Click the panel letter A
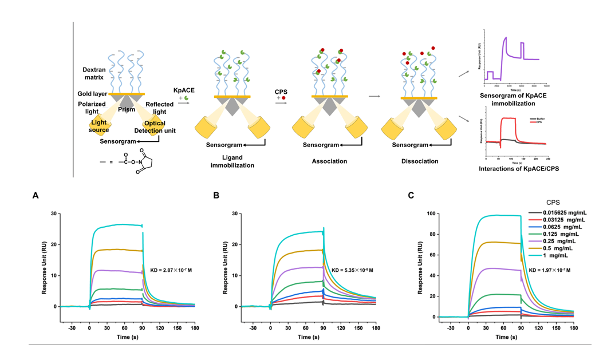click(x=36, y=195)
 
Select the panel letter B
click(x=216, y=195)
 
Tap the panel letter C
click(x=411, y=195)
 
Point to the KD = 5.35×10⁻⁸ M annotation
click(x=349, y=269)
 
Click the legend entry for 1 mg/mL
click(x=549, y=257)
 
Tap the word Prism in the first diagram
click(x=127, y=109)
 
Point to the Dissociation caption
click(x=420, y=161)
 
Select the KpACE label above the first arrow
click(x=183, y=90)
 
